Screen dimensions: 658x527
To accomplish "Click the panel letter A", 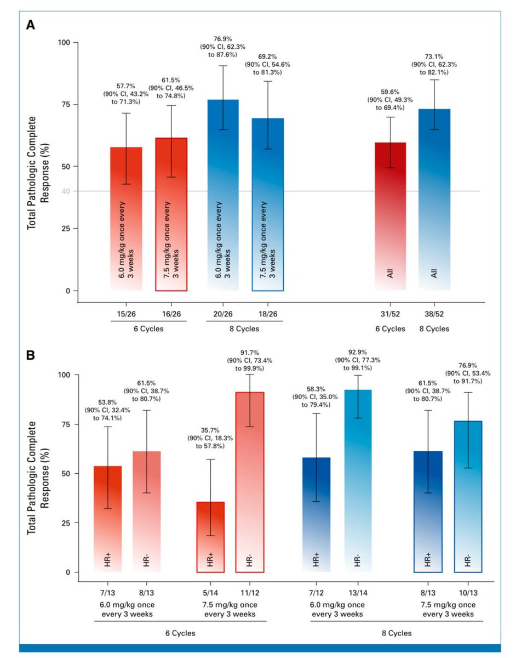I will (32, 25).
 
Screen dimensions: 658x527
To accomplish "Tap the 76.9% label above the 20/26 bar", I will (223, 39).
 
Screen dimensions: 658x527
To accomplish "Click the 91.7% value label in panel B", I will (250, 351).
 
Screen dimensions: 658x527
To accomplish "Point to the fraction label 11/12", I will (250, 594).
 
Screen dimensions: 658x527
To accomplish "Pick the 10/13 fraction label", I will (467, 594).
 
